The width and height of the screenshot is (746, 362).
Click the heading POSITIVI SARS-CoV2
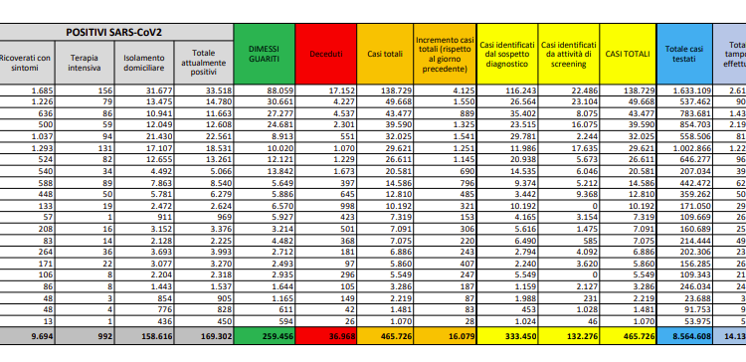point(115,33)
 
